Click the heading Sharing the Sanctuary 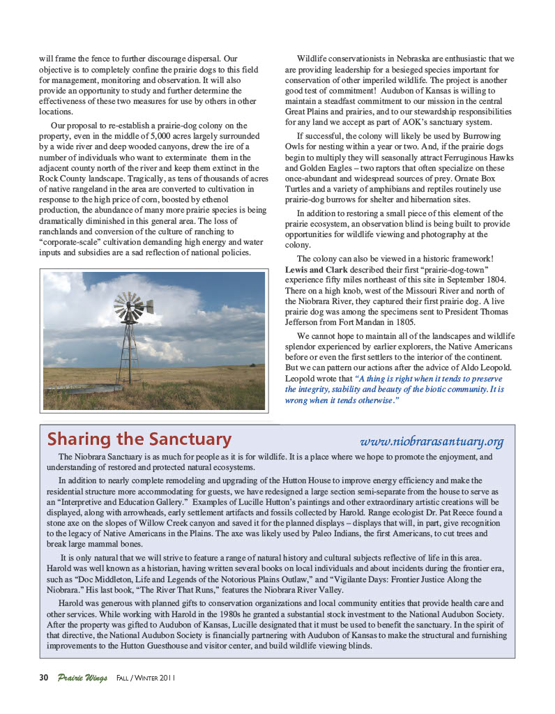click(139, 440)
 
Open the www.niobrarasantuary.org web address click(432, 441)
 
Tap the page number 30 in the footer click(43, 678)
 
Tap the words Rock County click(61, 179)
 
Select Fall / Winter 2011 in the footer click(145, 678)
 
